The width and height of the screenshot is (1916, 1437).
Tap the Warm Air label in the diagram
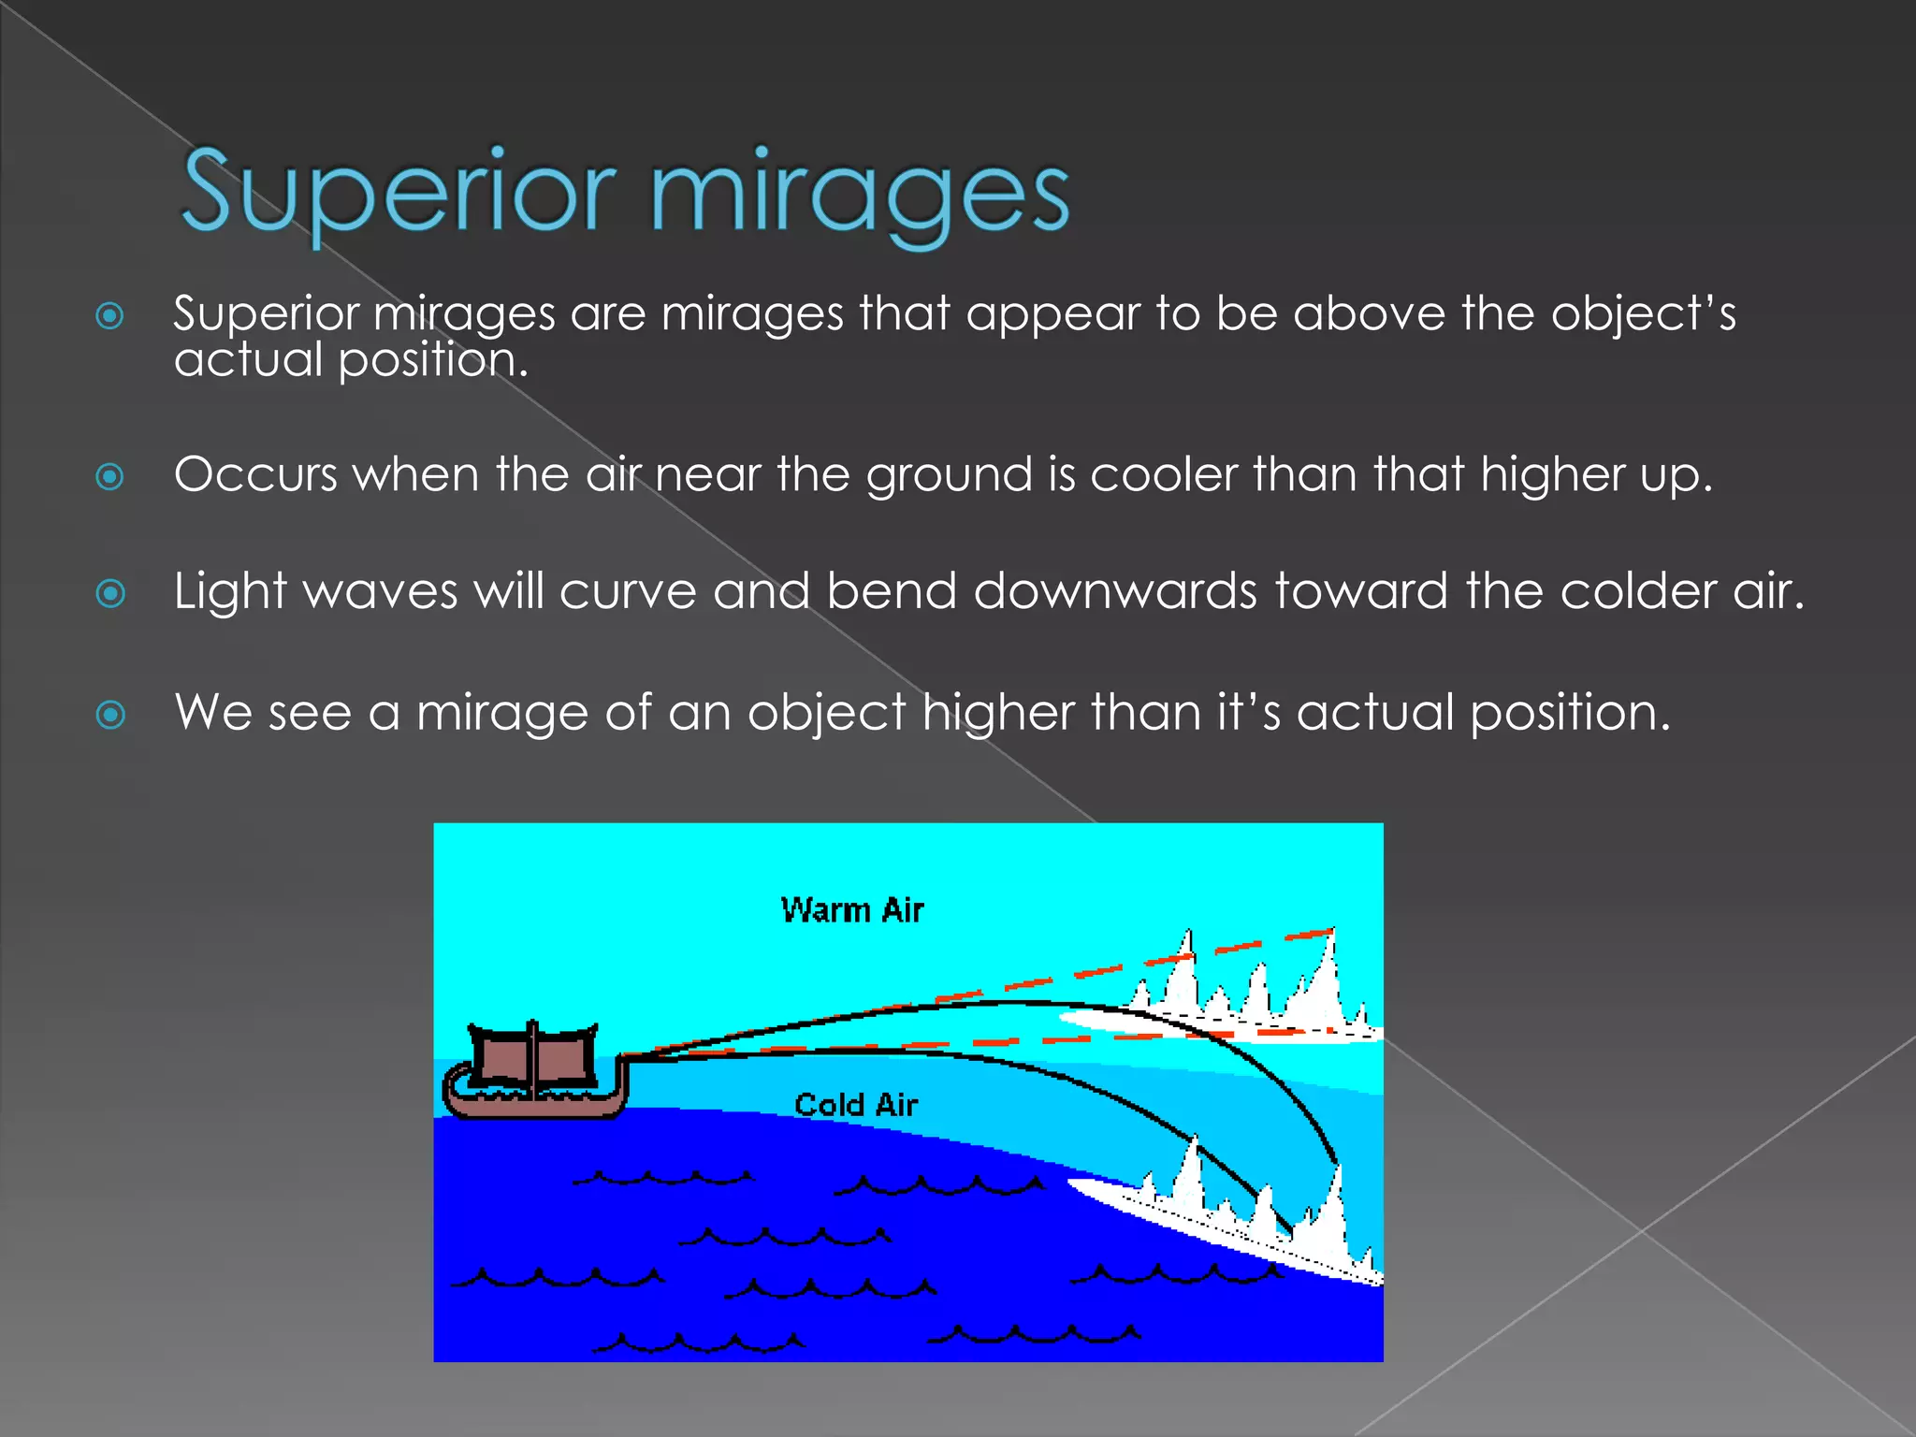[x=851, y=910]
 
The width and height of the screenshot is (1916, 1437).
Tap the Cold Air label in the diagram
[x=856, y=1105]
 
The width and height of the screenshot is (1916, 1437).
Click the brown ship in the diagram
[x=534, y=1072]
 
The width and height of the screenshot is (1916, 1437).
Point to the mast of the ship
[x=533, y=1057]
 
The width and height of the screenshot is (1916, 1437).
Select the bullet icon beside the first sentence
[x=110, y=316]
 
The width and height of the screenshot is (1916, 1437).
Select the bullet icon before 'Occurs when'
[x=110, y=477]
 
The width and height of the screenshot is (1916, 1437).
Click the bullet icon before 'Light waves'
[x=110, y=593]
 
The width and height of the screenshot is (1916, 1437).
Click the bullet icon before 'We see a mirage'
[x=110, y=716]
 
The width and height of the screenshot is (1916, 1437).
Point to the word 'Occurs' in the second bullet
[x=254, y=474]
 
